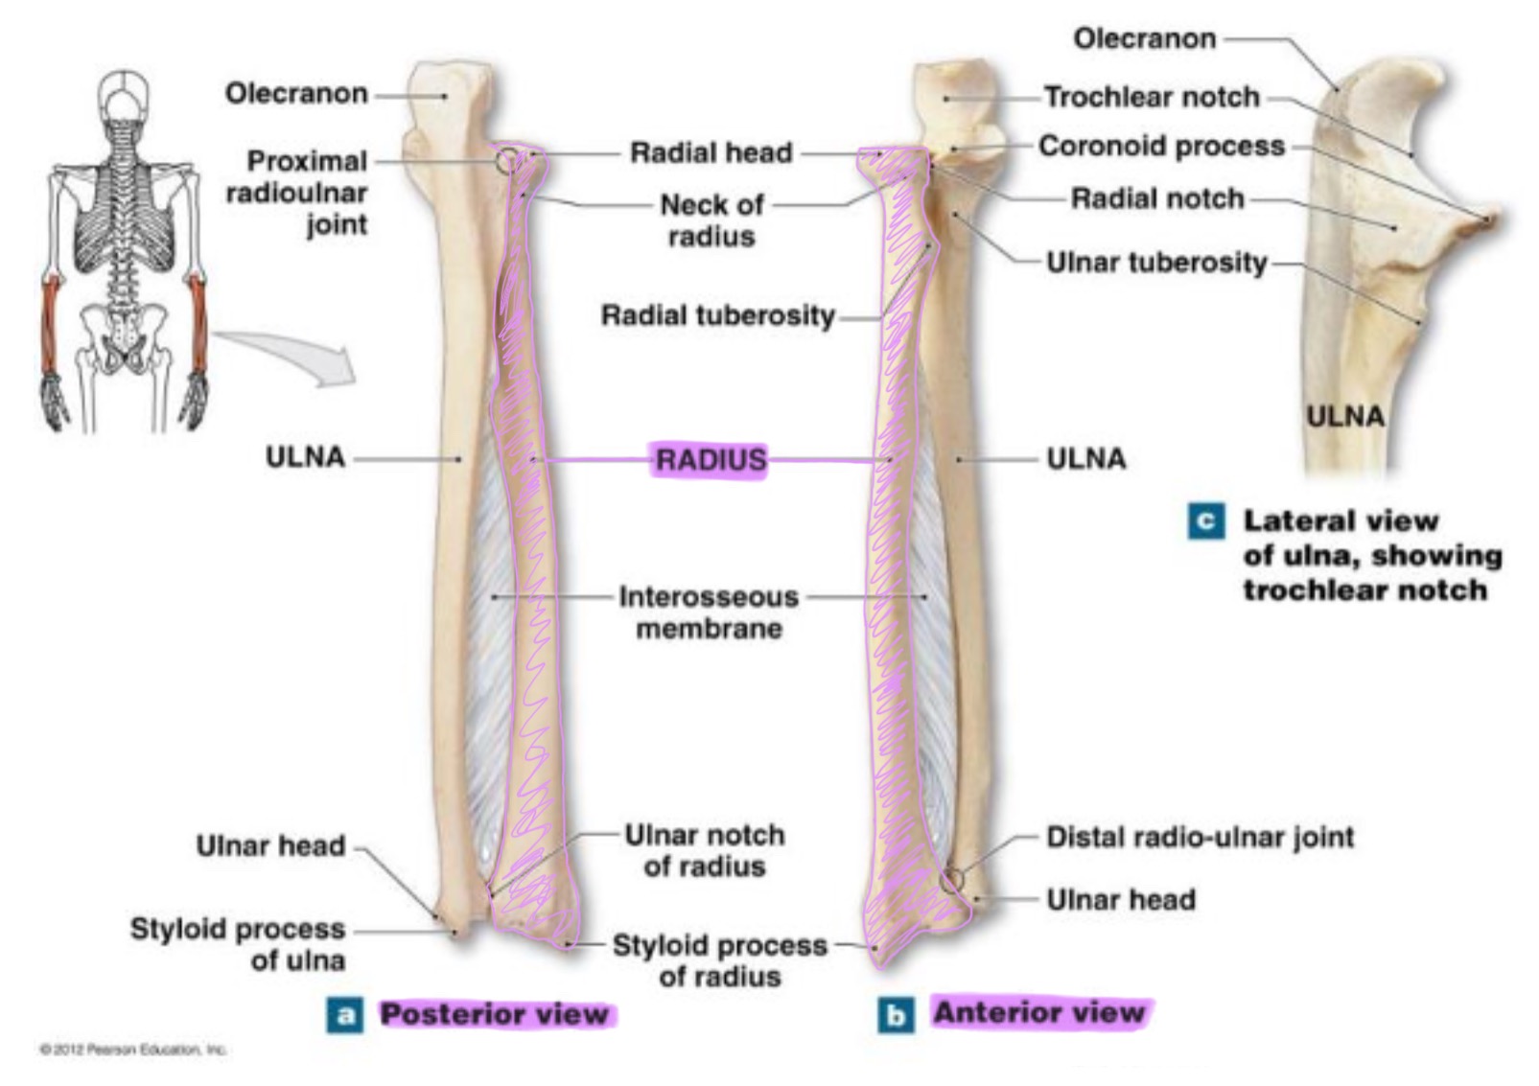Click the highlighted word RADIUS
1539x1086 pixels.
click(711, 460)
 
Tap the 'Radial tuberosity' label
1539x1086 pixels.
click(717, 315)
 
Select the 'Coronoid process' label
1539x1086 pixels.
click(1161, 146)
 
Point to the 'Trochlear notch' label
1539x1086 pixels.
click(1151, 97)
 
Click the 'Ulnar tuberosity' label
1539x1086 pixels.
click(1156, 262)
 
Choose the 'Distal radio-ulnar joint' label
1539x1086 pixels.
click(1200, 837)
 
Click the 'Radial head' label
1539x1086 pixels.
click(711, 152)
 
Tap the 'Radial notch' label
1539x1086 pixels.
click(1157, 198)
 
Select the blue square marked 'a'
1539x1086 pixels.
click(345, 1015)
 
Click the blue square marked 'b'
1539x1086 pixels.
click(896, 1015)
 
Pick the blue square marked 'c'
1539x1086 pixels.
click(1205, 521)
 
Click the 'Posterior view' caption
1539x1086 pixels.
click(494, 1014)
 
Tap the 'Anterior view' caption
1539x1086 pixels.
click(1039, 1013)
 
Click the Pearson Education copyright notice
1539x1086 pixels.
click(132, 1050)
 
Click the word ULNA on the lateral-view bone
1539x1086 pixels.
click(1345, 416)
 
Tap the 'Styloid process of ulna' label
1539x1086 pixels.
click(238, 944)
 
